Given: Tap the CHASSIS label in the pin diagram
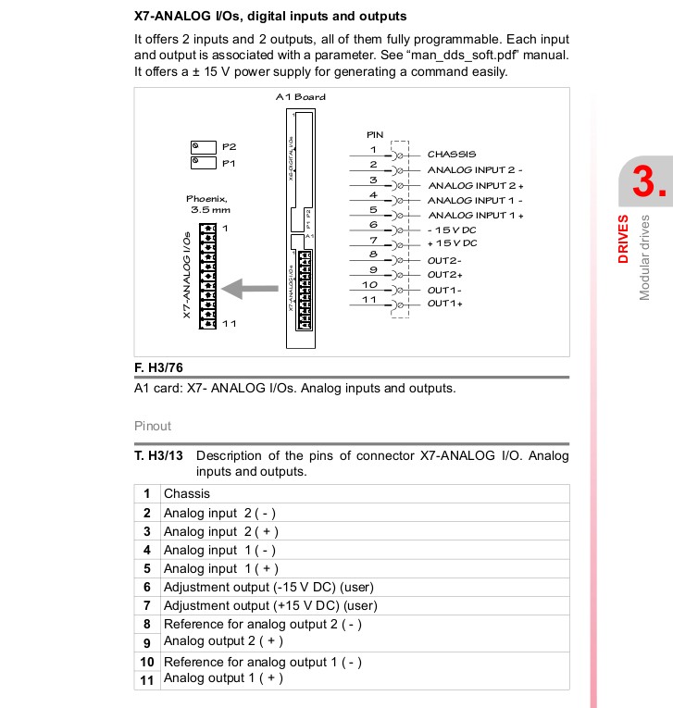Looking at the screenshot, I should point(451,155).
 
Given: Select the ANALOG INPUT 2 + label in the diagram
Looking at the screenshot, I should point(475,185).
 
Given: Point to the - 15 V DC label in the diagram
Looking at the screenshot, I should point(452,229).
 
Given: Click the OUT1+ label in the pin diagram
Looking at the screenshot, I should point(445,304).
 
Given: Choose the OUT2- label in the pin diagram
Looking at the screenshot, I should point(445,259).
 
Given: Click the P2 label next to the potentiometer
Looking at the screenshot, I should point(230,147).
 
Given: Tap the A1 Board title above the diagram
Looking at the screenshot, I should point(301,97).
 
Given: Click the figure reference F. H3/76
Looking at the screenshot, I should point(160,367).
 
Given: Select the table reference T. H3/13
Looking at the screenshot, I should point(159,455).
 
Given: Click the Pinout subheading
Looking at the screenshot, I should point(153,427).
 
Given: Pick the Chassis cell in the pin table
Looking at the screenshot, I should point(187,493).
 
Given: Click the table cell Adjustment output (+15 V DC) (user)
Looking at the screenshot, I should point(270,605).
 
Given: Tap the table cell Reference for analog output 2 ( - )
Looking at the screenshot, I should point(262,624).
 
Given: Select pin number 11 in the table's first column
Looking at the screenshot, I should point(146,679).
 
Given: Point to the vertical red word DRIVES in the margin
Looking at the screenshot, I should point(624,239).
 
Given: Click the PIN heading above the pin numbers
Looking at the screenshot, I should point(375,135).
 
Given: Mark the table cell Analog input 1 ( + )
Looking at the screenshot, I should point(220,568).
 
